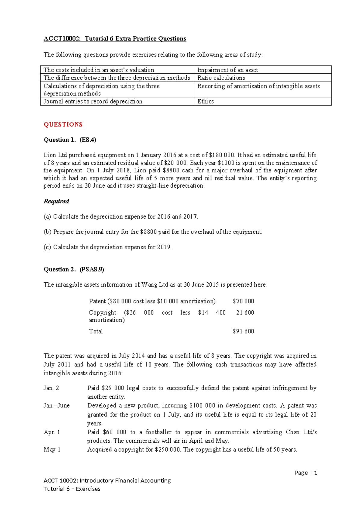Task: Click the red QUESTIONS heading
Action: tap(63, 124)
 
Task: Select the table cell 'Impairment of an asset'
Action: tap(227, 70)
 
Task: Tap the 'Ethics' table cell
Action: tap(205, 101)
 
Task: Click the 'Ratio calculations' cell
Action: tap(221, 78)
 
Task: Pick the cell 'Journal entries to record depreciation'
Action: tap(93, 101)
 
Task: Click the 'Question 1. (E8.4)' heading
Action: tap(70, 140)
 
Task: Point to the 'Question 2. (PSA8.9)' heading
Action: tap(74, 269)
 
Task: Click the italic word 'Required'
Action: tap(56, 201)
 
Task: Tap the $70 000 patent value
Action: tap(243, 301)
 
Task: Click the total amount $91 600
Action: tap(243, 331)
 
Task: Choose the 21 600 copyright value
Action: tap(245, 312)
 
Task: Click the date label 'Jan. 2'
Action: tap(51, 388)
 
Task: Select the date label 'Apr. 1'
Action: tap(52, 432)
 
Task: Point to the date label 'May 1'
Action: tap(52, 450)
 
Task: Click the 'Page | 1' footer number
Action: tap(306, 473)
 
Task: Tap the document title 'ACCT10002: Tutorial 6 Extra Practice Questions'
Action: tap(115, 38)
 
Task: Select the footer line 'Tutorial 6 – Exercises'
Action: tap(72, 489)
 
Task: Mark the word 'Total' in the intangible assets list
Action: tap(96, 331)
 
